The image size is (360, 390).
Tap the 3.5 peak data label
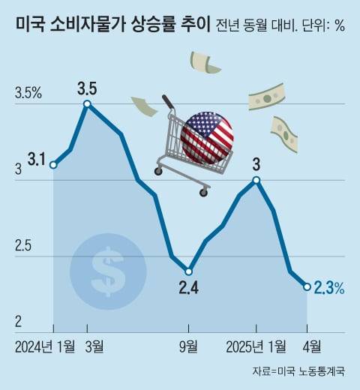point(88,88)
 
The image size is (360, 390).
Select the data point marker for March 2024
point(88,104)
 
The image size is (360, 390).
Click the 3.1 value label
point(37,159)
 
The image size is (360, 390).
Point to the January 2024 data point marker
point(53,165)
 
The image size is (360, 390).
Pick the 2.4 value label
point(189,286)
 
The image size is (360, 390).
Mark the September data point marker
point(189,271)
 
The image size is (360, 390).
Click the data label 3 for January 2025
point(256,164)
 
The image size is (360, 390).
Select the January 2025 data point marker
point(256,180)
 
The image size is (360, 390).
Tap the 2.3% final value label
point(329,287)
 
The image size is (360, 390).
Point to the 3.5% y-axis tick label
point(28,94)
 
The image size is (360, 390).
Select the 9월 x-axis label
point(189,346)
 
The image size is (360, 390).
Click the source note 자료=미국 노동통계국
point(298,371)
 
